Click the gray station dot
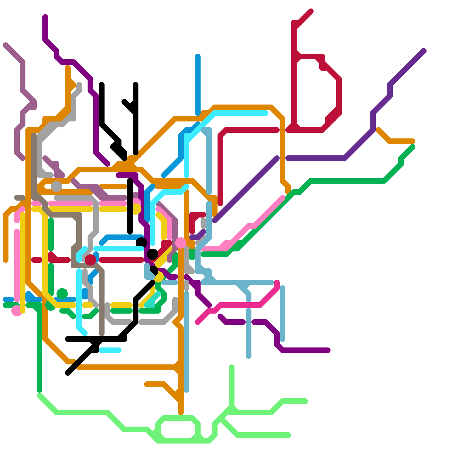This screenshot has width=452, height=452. [x=56, y=186]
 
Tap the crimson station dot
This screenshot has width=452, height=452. [x=90, y=260]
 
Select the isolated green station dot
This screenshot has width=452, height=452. [x=62, y=294]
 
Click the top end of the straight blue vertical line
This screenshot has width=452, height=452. [x=198, y=56]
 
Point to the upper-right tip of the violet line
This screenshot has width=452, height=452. [x=424, y=51]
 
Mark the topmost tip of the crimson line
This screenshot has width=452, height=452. [x=311, y=11]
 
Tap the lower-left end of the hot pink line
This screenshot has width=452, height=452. [x=198, y=322]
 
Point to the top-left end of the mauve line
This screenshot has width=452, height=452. [x=5, y=45]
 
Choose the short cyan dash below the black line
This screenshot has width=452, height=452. [x=110, y=350]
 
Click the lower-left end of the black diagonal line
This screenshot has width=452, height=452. [x=68, y=373]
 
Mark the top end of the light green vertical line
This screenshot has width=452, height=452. [x=232, y=367]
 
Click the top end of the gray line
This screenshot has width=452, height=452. [x=79, y=84]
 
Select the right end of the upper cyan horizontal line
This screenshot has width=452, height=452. [x=266, y=113]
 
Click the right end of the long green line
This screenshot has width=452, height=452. [x=413, y=147]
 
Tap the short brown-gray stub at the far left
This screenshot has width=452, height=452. [x=20, y=198]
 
